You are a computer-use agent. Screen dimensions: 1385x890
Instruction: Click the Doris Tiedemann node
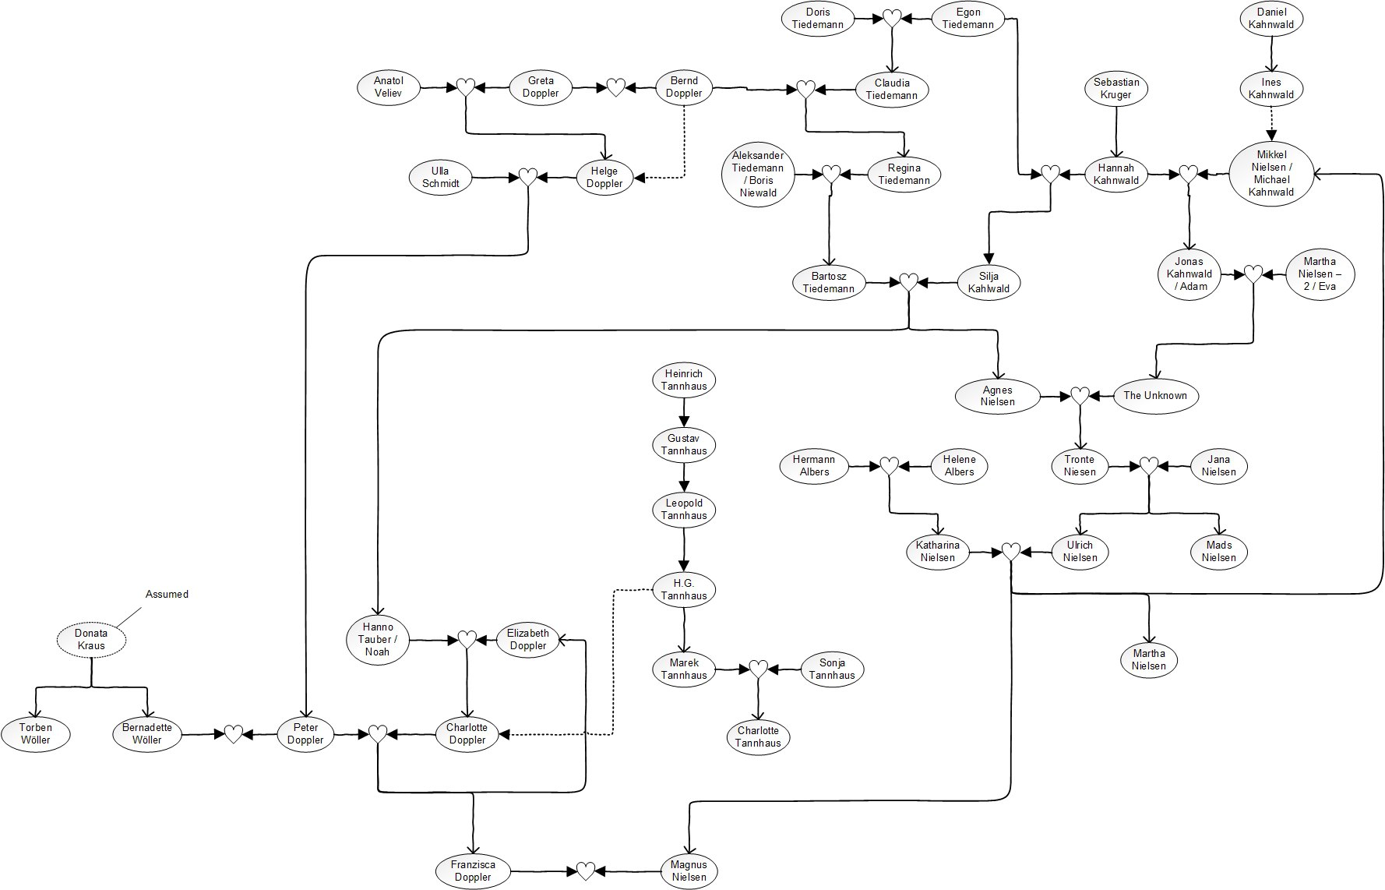point(817,18)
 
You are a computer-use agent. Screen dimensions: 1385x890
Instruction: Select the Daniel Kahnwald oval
point(1271,18)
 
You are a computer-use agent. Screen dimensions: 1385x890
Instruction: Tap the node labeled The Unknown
point(1155,396)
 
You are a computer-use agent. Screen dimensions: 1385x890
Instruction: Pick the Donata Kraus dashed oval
point(91,640)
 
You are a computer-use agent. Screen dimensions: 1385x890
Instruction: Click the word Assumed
point(167,594)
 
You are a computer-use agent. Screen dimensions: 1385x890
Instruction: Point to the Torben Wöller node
point(36,734)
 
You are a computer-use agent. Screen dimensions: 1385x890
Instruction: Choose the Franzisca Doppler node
point(473,871)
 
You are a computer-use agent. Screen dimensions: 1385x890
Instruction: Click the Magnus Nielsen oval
point(689,871)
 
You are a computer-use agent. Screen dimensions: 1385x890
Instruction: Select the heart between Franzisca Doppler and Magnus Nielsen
point(586,871)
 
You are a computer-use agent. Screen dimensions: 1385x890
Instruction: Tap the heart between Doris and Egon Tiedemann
point(892,18)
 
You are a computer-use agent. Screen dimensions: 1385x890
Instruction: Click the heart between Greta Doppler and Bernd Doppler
point(615,87)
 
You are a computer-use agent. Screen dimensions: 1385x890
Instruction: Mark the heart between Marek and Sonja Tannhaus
point(758,669)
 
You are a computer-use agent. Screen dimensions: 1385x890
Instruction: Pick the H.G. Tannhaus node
point(684,589)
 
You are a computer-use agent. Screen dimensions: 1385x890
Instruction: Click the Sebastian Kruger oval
point(1116,88)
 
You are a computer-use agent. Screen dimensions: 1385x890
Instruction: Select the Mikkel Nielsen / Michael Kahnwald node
point(1271,173)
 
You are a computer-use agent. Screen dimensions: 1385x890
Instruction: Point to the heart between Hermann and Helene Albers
point(889,466)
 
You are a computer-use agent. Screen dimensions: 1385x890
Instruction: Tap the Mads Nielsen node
point(1218,552)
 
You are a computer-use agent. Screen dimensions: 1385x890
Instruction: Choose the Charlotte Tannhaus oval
point(758,736)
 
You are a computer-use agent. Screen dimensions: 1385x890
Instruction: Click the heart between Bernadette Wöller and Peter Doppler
point(234,734)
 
